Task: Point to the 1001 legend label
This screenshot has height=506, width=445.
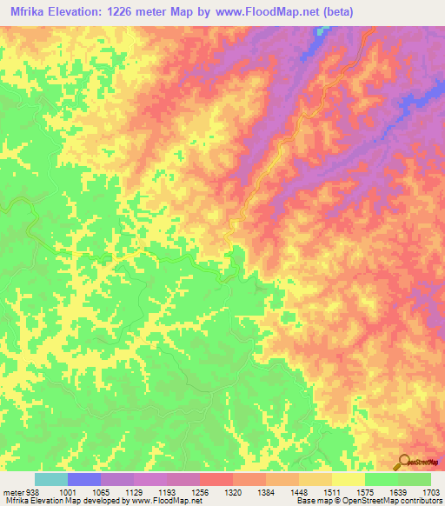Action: [x=66, y=492]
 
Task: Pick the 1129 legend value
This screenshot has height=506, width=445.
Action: [x=134, y=492]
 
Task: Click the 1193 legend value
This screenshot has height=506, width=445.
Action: [x=168, y=492]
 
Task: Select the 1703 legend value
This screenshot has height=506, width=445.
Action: [x=431, y=492]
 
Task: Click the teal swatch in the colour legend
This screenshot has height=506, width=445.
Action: [x=50, y=479]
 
